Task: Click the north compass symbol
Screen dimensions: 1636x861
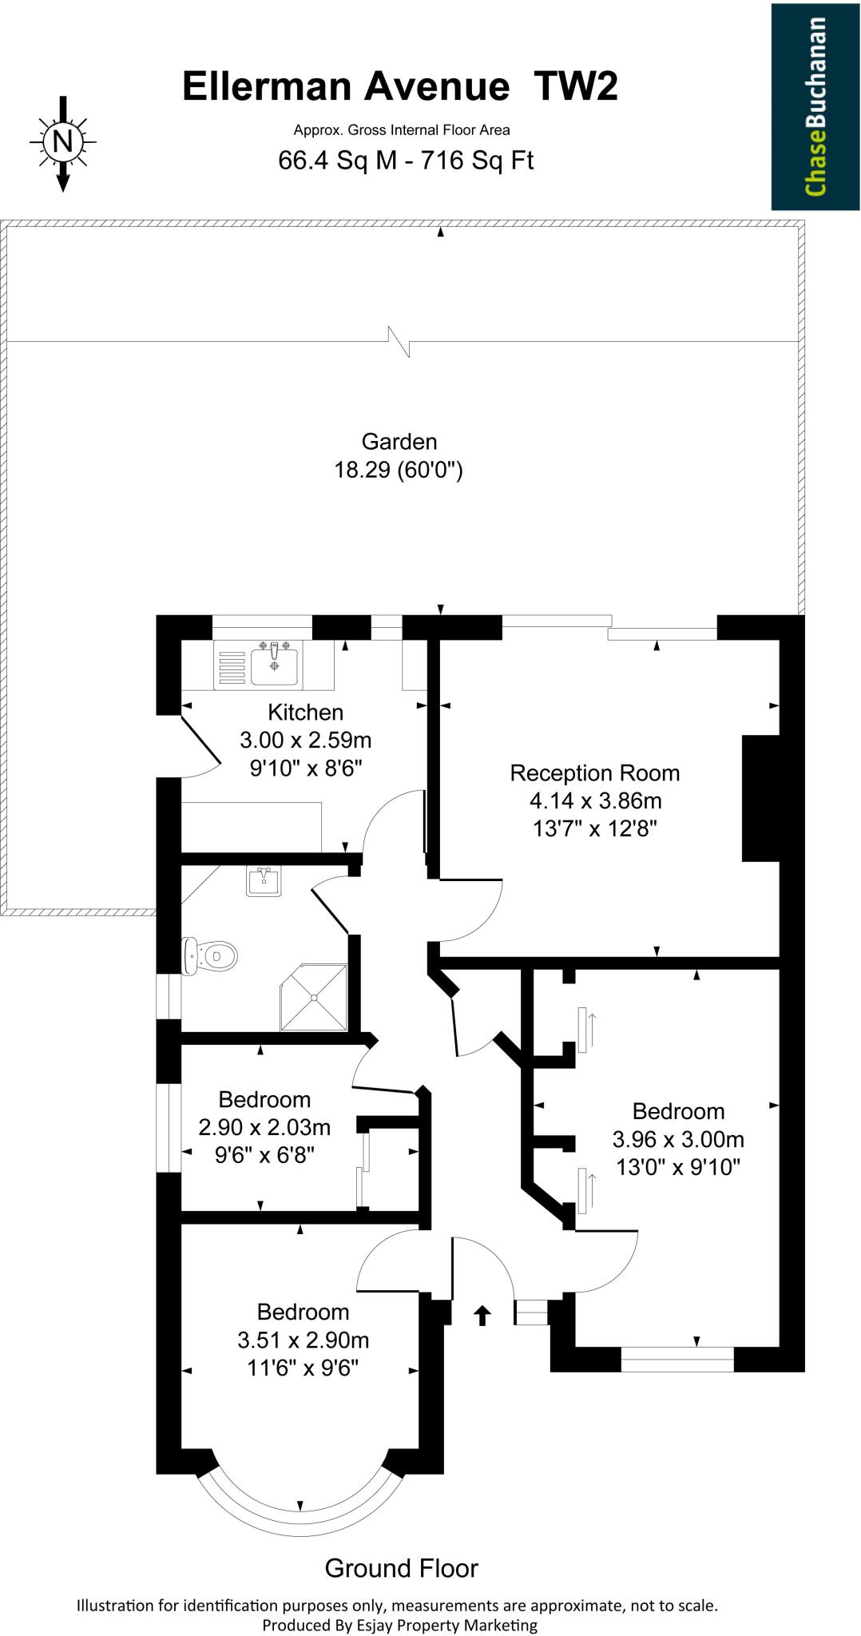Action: tap(62, 143)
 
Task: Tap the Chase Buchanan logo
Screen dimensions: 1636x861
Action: tap(814, 106)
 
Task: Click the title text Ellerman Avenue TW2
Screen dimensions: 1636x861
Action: tap(399, 86)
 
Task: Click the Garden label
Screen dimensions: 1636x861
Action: tap(399, 442)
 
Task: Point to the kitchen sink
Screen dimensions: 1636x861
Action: tap(274, 666)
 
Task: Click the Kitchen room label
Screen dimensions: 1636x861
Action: tap(305, 712)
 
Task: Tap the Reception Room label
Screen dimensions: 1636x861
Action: tap(594, 772)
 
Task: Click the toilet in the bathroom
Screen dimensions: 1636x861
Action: tap(211, 955)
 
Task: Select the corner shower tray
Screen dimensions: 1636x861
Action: tap(315, 997)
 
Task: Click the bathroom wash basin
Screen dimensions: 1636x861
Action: tap(264, 882)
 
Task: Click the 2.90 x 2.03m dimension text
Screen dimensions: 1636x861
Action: tap(264, 1127)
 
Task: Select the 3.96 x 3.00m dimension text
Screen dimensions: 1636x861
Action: tap(677, 1138)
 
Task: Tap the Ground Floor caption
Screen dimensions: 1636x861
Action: tap(401, 1568)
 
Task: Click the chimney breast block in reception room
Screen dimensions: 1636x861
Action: tap(760, 798)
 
